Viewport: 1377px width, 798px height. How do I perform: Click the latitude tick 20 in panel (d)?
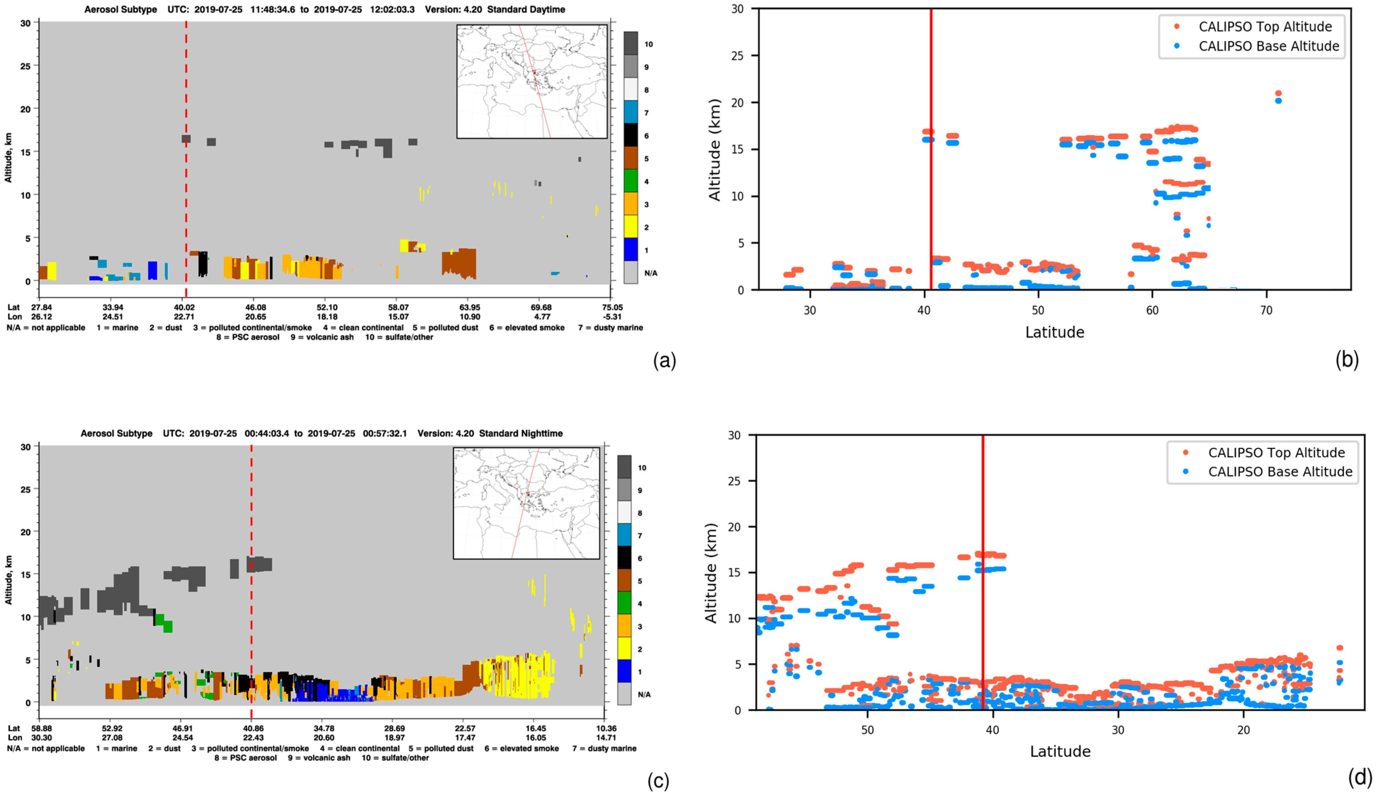[1244, 730]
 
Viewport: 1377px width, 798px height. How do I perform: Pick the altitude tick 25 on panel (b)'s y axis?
[737, 56]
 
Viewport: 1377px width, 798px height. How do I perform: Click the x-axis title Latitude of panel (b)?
[1055, 332]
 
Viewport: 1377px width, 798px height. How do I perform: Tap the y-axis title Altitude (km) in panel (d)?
[711, 573]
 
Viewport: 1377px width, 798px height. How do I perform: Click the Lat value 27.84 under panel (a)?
[42, 308]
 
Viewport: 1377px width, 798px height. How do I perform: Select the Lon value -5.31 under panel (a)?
[612, 317]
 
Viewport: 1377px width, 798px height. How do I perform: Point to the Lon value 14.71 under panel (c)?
[606, 737]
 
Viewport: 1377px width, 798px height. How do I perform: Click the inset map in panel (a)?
[532, 82]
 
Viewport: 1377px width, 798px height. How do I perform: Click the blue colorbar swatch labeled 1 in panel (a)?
[630, 249]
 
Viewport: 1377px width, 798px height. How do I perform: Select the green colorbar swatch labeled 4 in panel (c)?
[624, 603]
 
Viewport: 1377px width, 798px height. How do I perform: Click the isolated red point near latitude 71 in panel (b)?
[1278, 93]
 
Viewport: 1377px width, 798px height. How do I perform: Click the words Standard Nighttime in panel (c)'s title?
[521, 434]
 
